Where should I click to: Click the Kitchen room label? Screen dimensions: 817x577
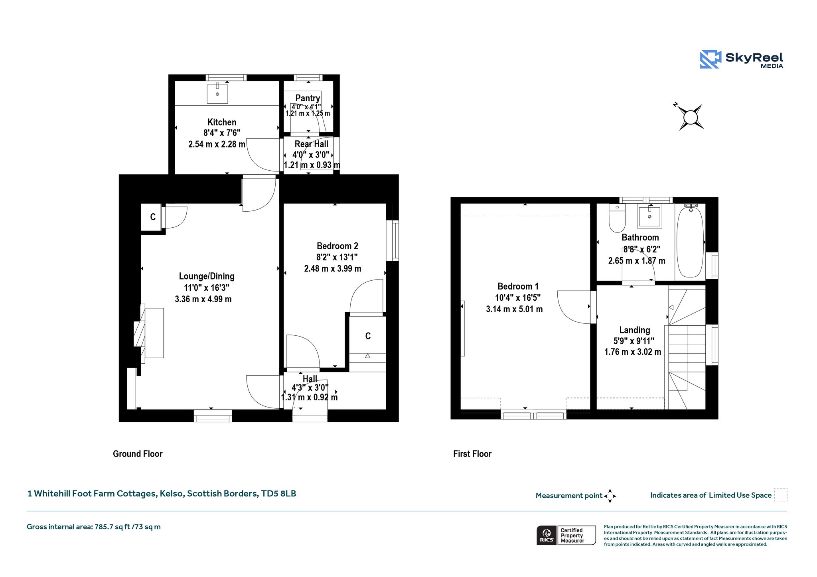click(222, 122)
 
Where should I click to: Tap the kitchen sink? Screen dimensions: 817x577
click(217, 94)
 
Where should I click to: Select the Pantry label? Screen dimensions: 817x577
click(308, 98)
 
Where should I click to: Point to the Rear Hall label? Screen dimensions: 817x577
click(312, 144)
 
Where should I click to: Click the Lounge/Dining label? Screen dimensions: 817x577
click(207, 276)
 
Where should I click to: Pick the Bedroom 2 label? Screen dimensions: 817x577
click(337, 246)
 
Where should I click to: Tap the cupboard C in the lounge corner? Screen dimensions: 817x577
click(153, 217)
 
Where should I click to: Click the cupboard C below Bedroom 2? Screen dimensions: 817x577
click(368, 336)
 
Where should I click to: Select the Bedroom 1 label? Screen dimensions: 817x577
click(518, 286)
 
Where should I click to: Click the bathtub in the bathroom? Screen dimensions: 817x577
click(690, 242)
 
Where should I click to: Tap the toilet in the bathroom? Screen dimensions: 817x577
click(617, 218)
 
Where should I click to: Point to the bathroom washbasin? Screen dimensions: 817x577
click(649, 216)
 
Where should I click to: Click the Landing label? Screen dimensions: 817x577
click(635, 330)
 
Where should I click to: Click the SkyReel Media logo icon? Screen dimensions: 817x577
click(710, 59)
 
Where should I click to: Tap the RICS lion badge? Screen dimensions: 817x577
click(547, 535)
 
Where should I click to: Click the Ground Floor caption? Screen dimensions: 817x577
click(138, 454)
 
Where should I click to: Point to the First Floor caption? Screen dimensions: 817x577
click(472, 454)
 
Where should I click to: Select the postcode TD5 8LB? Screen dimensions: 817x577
click(278, 494)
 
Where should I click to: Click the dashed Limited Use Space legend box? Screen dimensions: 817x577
click(781, 494)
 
